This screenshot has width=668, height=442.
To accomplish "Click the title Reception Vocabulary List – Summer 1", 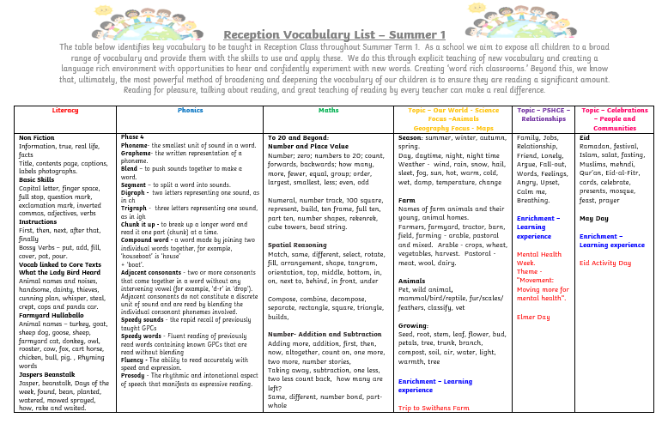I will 335,33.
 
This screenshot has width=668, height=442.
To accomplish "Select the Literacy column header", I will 65,111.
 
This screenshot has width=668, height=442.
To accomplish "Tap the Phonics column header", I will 191,111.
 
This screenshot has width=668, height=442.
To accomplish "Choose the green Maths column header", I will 329,111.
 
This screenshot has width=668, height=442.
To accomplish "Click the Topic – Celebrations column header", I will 615,118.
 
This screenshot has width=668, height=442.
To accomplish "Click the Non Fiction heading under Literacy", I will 37,138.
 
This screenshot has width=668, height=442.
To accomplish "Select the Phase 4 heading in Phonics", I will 132,137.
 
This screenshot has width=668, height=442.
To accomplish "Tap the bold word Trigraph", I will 135,209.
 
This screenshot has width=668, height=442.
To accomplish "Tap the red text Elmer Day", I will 532,317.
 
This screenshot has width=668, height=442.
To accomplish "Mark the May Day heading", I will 594,218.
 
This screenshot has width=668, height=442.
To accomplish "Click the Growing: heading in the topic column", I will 414,326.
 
